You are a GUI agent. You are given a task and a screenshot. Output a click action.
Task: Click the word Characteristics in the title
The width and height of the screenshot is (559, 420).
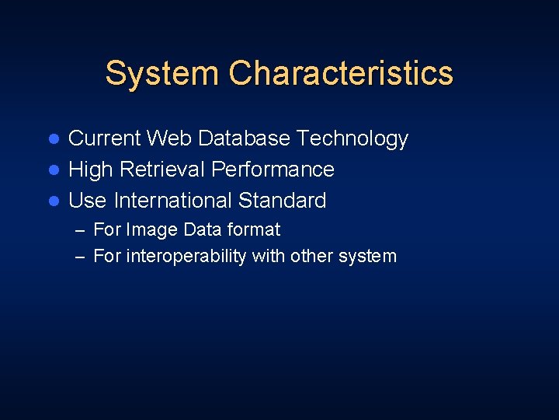click(341, 73)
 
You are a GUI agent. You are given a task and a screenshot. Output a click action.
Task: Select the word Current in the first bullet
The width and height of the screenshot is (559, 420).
click(105, 138)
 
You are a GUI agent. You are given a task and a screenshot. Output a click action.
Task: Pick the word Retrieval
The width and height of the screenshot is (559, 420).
click(160, 170)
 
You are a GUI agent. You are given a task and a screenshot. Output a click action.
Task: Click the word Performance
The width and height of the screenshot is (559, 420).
click(273, 170)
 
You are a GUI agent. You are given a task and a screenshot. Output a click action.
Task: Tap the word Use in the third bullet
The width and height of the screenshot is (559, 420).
click(87, 201)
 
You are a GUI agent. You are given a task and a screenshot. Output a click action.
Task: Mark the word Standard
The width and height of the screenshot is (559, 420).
click(283, 201)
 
